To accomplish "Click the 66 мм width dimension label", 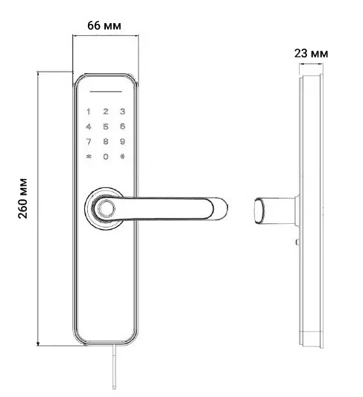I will click(104, 25).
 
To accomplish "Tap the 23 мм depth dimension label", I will click(310, 54).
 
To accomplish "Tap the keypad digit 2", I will click(105, 112).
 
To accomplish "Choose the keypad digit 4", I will click(89, 127).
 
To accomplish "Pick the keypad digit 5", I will click(105, 127).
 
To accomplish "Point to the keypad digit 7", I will click(89, 142).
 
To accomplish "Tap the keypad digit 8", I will click(105, 142).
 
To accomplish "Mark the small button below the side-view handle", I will click(296, 243).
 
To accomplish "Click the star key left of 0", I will click(89, 157).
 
